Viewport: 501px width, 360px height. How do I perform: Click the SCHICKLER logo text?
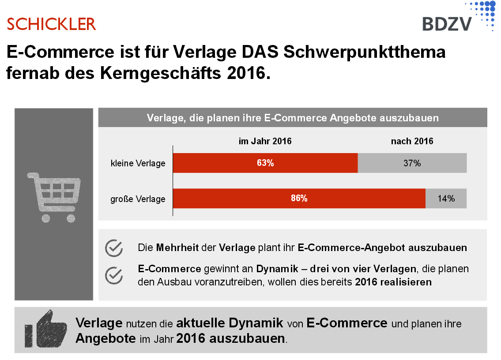click(51, 24)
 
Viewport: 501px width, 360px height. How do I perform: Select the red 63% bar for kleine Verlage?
click(265, 163)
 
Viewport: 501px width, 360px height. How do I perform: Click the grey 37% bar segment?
click(412, 163)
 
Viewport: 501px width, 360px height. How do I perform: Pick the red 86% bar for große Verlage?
click(299, 199)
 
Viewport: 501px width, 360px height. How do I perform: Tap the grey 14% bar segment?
click(446, 199)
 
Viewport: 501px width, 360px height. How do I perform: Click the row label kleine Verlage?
click(138, 164)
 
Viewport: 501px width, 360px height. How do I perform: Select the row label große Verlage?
click(138, 199)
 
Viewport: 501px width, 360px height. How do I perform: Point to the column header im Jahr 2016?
click(265, 142)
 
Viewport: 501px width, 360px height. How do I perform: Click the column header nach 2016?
click(412, 142)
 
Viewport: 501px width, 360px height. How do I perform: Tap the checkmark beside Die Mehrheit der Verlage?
click(114, 248)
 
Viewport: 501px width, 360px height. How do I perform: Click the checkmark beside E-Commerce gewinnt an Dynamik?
click(114, 275)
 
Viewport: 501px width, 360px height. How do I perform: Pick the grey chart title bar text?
click(292, 118)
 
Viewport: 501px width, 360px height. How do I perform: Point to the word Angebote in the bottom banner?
click(105, 339)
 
